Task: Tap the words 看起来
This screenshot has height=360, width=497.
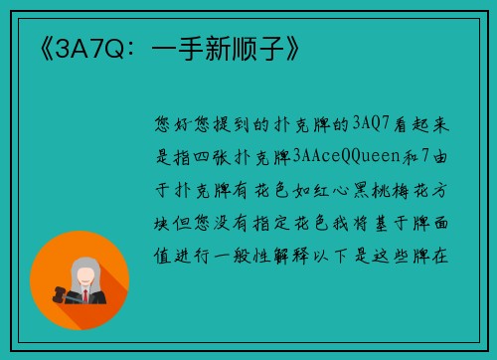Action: tap(423, 125)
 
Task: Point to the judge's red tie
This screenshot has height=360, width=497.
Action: tap(84, 295)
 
